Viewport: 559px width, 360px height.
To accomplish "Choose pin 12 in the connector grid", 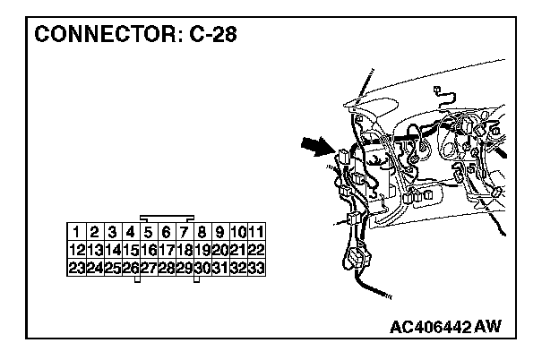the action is (77, 251).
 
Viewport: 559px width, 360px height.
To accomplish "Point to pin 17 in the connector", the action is (167, 251).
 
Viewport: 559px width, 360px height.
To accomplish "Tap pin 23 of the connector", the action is (77, 268).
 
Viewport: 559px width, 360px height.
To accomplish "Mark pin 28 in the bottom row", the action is (167, 268).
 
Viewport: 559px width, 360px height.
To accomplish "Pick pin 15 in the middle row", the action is (131, 251).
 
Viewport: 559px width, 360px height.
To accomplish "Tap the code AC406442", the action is (431, 325).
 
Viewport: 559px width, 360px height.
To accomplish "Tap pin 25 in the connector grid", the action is (113, 268).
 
